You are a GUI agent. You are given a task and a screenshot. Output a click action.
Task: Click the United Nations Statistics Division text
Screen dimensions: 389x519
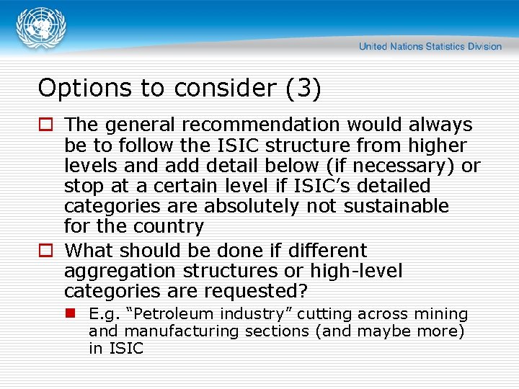pyautogui.click(x=430, y=46)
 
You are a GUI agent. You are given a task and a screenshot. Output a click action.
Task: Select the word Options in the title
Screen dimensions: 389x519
pyautogui.click(x=74, y=88)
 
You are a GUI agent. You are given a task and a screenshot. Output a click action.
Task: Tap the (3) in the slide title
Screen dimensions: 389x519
pyautogui.click(x=303, y=88)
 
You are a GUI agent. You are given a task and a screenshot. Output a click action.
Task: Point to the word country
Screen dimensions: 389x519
pyautogui.click(x=169, y=226)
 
